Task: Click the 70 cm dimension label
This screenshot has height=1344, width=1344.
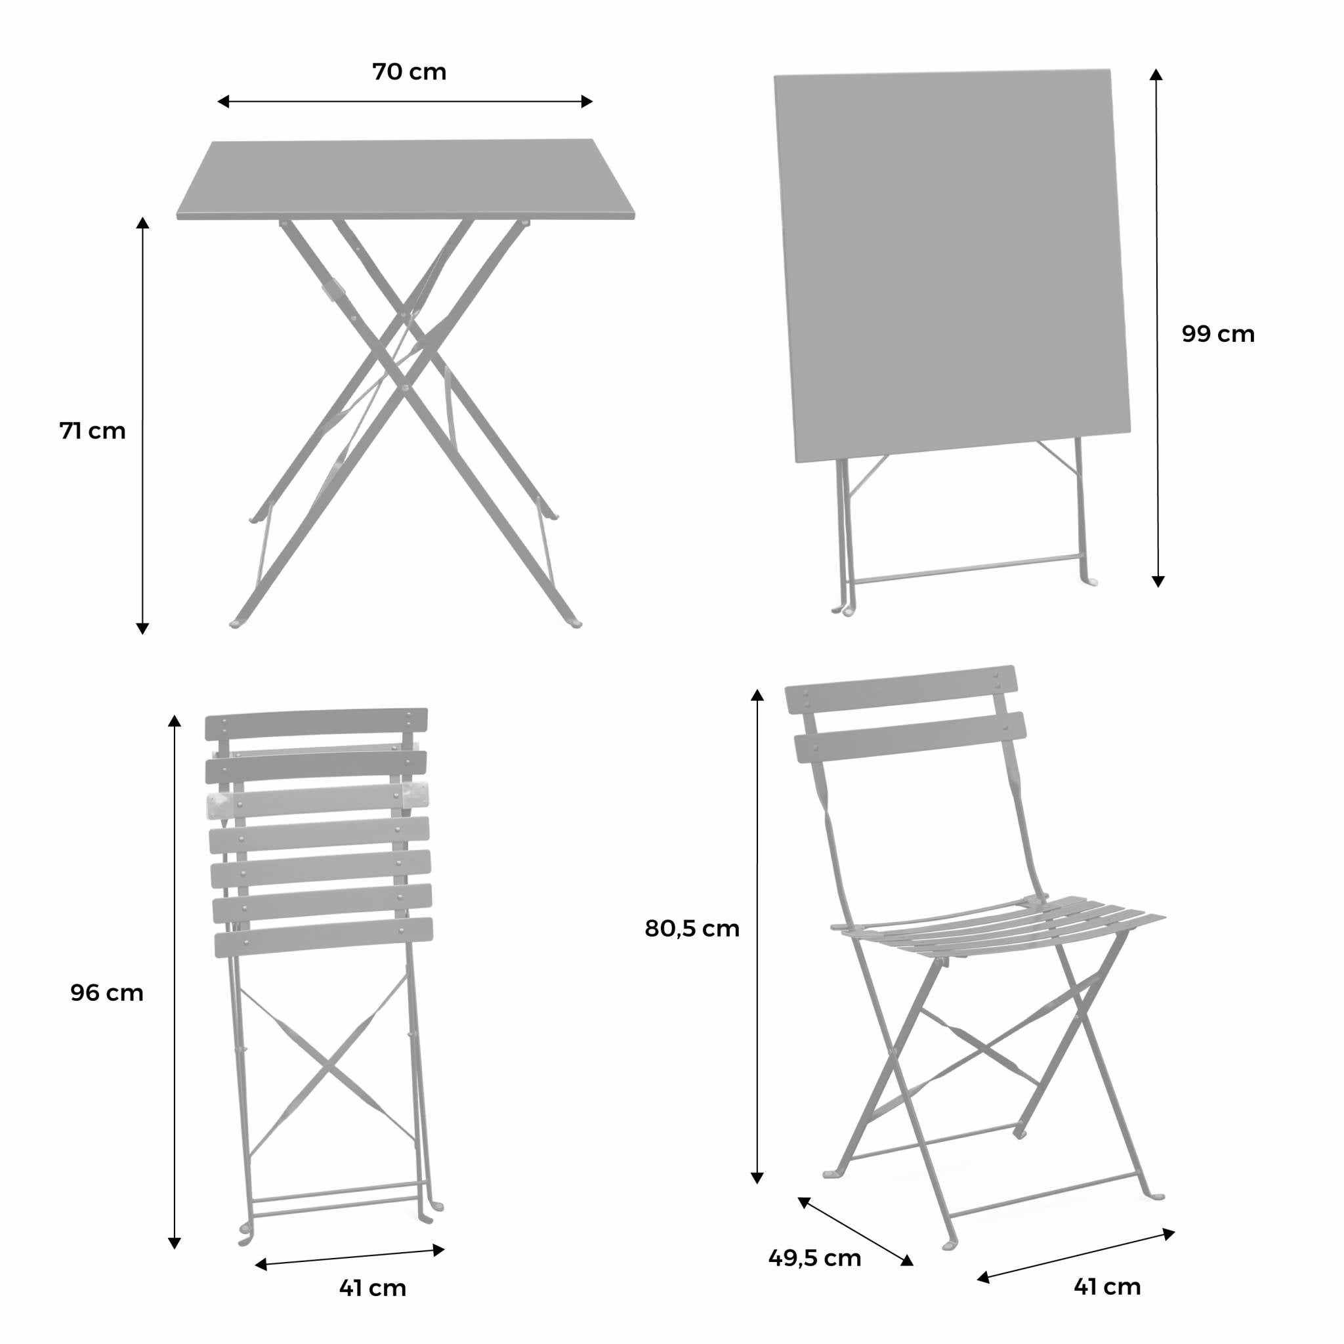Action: tap(409, 72)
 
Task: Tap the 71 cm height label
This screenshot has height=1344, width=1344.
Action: tap(93, 431)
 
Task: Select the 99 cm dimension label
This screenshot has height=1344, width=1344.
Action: tap(1218, 335)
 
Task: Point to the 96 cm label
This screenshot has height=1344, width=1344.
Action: tap(107, 993)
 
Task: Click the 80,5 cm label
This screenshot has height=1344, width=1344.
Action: tap(692, 929)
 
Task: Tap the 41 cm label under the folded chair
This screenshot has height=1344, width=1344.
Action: tap(372, 1288)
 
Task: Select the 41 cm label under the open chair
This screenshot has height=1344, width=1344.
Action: tap(1107, 1286)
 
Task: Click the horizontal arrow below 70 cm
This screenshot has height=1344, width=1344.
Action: tap(405, 102)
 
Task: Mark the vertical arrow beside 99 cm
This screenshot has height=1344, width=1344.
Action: tap(1157, 327)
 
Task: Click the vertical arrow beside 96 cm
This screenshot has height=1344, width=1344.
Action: tap(175, 982)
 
